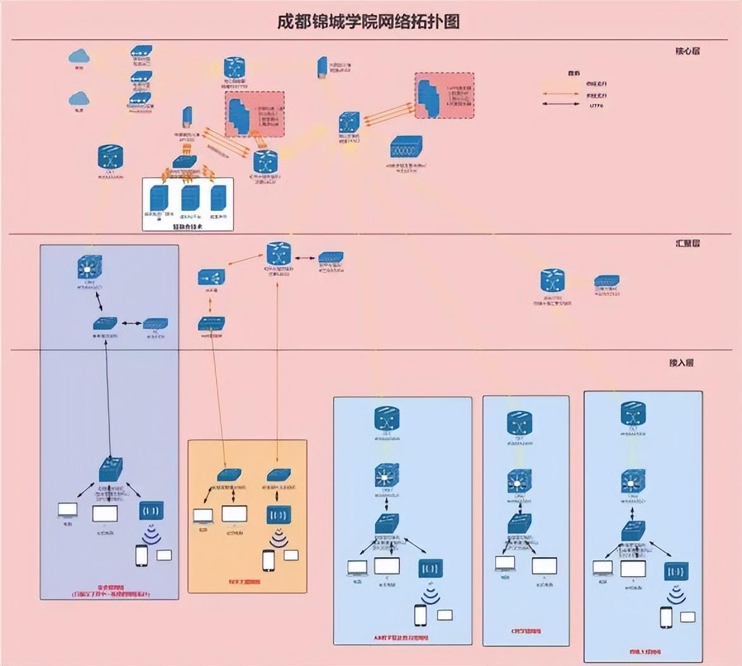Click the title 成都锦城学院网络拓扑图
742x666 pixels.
click(368, 22)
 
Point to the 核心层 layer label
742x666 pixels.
click(688, 51)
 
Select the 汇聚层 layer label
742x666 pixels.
click(688, 243)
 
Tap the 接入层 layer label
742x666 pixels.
click(681, 363)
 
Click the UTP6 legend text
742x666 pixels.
click(596, 105)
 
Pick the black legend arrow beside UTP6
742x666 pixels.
click(560, 105)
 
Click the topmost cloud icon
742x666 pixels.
click(79, 57)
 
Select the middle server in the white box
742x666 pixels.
click(190, 198)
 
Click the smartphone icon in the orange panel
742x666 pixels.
click(268, 560)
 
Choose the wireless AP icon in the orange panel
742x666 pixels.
click(278, 515)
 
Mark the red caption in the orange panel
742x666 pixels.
click(244, 582)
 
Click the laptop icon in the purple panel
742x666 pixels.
click(67, 510)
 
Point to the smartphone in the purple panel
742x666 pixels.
click(141, 555)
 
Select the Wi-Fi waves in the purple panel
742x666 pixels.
click(151, 535)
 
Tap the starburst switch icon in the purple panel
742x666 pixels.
click(90, 268)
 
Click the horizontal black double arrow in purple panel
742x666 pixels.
click(132, 324)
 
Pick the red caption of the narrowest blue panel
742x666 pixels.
click(525, 631)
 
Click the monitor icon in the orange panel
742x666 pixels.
click(234, 514)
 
